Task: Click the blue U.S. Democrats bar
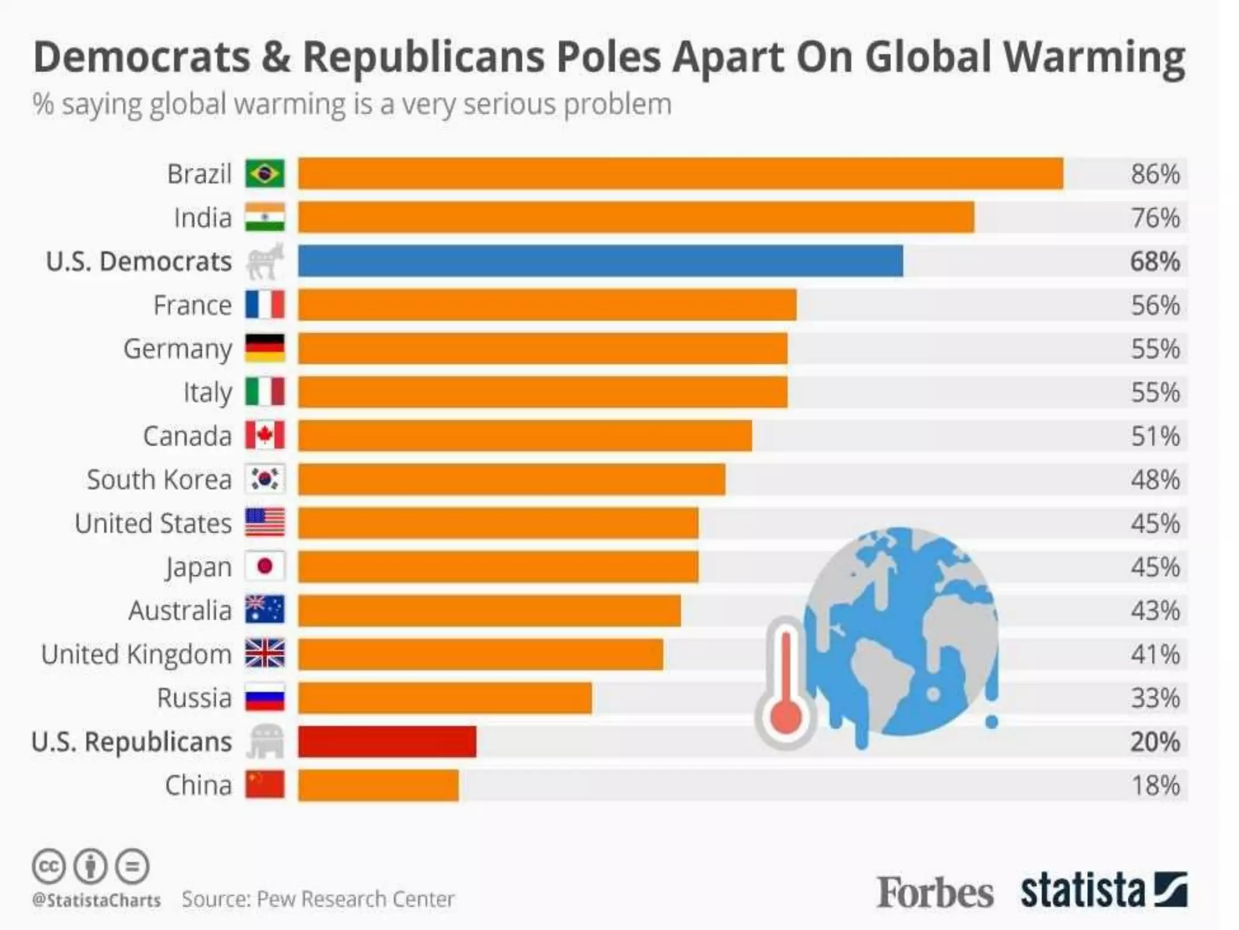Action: [x=600, y=261]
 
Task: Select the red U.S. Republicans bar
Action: [x=387, y=742]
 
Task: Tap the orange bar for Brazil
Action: [x=680, y=174]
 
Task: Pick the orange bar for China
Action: [x=378, y=785]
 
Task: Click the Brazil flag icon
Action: [x=264, y=174]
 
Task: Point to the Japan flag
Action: [x=264, y=567]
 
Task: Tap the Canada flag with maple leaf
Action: [x=264, y=435]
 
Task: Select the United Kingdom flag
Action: [x=264, y=654]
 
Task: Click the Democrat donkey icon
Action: [x=264, y=261]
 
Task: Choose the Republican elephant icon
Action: [x=264, y=742]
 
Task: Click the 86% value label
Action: [x=1155, y=174]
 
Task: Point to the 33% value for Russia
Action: [x=1155, y=698]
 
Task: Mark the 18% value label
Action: [x=1155, y=786]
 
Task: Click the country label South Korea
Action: [x=159, y=480]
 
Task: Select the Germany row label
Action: [x=177, y=349]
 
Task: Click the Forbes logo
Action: [x=935, y=892]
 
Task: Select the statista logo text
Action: [x=1083, y=891]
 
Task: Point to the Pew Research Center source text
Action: [x=355, y=899]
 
